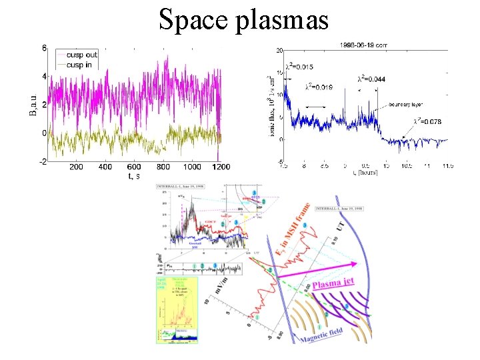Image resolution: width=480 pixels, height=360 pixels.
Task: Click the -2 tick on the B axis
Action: click(x=43, y=161)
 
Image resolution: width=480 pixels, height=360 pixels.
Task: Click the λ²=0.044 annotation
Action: click(x=371, y=79)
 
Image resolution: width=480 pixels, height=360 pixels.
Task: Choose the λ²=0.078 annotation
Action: click(x=427, y=121)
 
